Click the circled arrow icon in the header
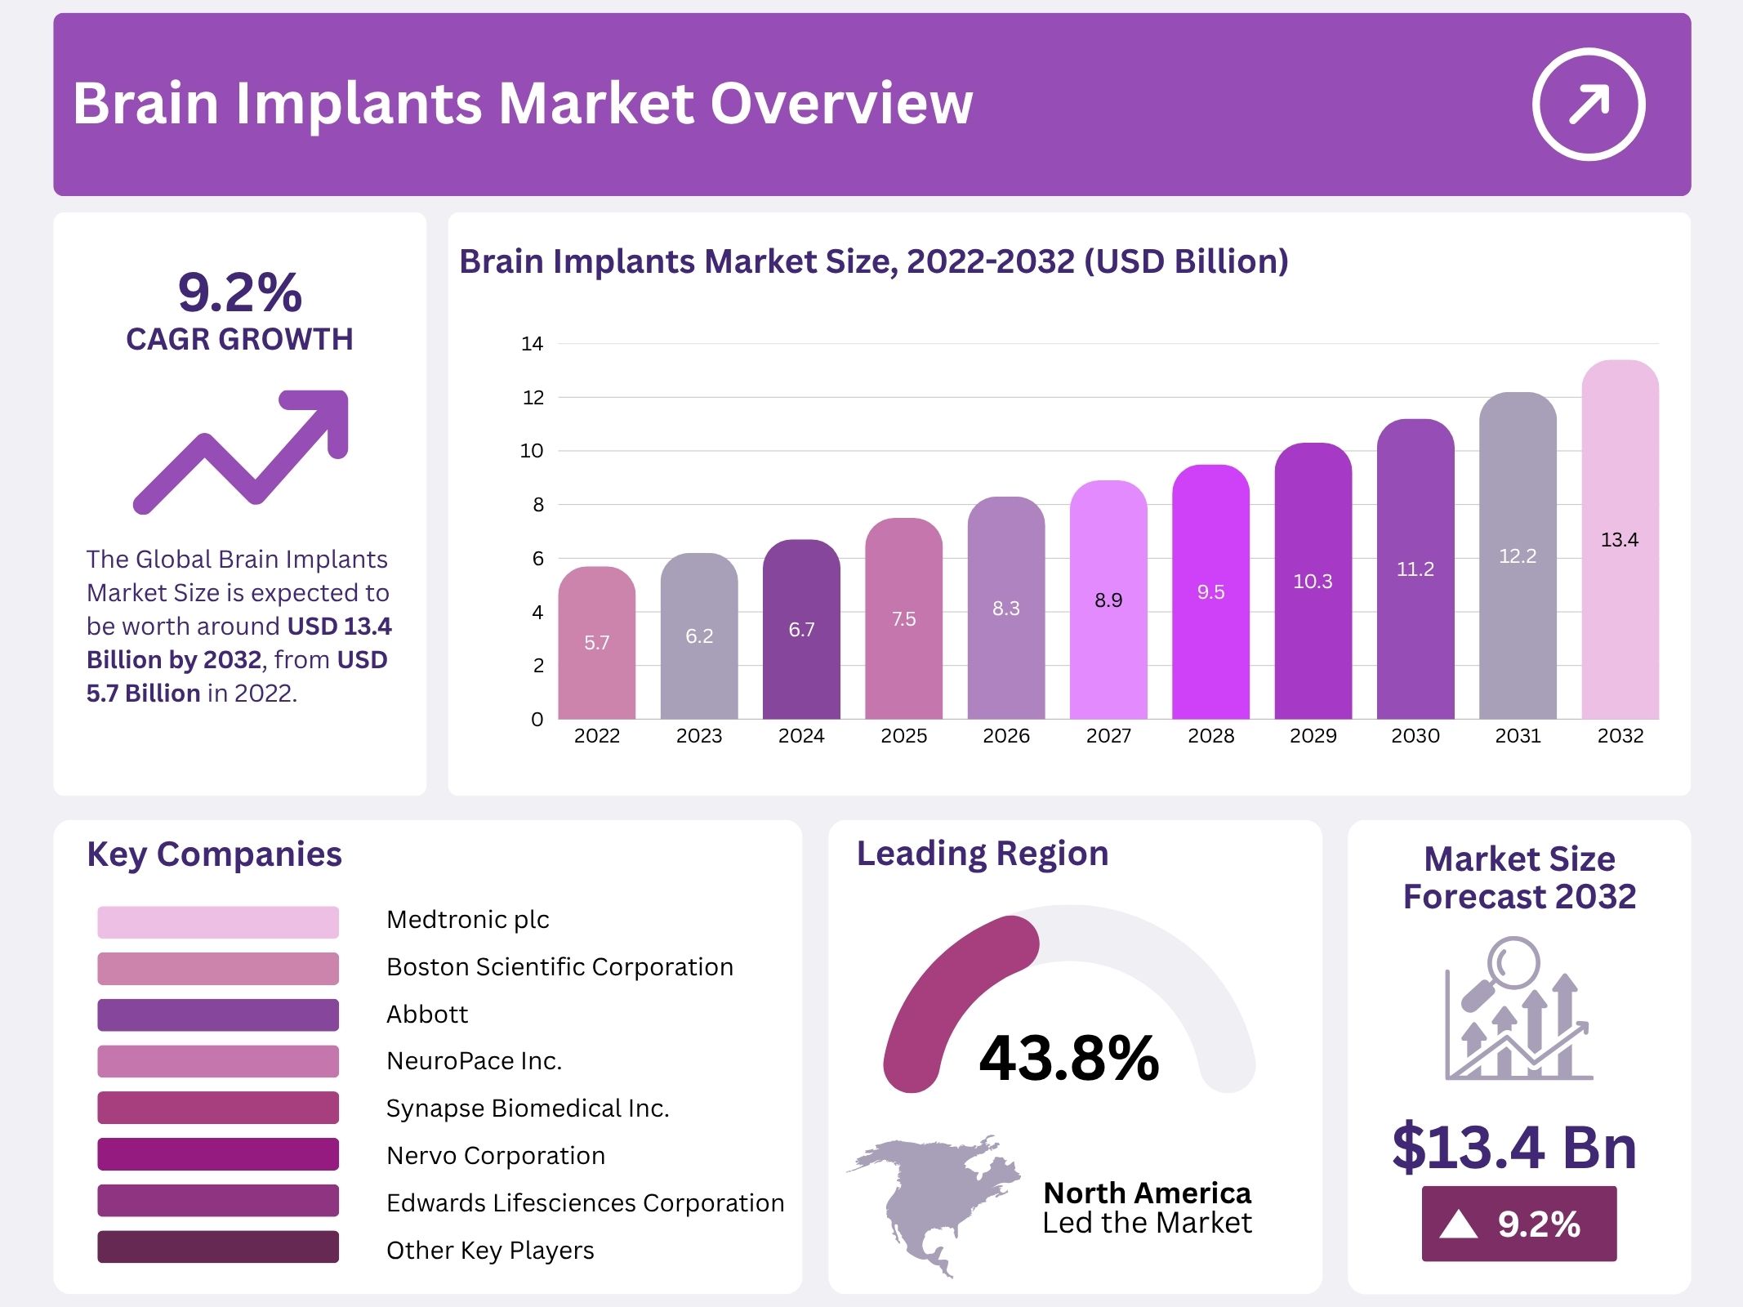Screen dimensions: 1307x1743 coord(1588,105)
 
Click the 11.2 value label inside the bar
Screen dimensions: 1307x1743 coord(1415,569)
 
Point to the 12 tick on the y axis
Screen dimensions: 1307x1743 coord(533,398)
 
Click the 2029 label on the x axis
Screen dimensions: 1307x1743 coord(1313,736)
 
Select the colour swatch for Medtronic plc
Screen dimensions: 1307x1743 coord(217,921)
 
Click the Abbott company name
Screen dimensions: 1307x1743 coord(427,1014)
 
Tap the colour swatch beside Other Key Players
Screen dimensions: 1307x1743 coord(217,1247)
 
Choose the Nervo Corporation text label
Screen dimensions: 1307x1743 coord(496,1155)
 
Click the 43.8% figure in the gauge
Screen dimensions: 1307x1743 coord(1069,1058)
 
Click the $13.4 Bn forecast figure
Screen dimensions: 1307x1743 coord(1514,1147)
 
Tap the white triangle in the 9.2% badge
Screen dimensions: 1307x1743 coord(1459,1224)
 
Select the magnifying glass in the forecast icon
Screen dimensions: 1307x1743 coord(1509,968)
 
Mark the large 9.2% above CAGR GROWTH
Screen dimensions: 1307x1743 coord(240,292)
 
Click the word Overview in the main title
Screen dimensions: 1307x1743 coord(841,104)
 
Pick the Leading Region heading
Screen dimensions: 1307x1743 coord(983,854)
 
